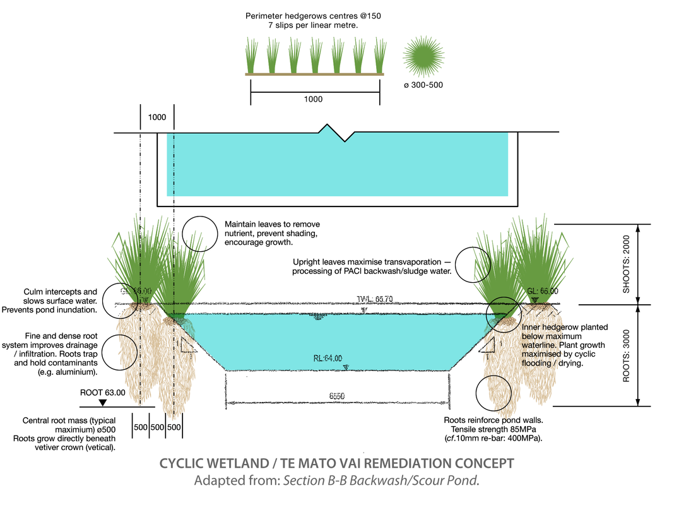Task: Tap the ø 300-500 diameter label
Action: (423, 85)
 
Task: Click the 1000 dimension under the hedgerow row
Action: (313, 99)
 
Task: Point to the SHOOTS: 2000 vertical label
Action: (627, 264)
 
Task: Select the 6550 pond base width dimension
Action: (337, 396)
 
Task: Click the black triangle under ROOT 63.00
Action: (103, 402)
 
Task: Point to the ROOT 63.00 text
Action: (103, 392)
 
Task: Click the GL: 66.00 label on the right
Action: (543, 291)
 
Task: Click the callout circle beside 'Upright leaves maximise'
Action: (472, 264)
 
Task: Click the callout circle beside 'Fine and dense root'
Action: (120, 352)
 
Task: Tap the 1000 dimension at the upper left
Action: (157, 118)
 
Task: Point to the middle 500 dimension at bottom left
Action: (157, 427)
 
